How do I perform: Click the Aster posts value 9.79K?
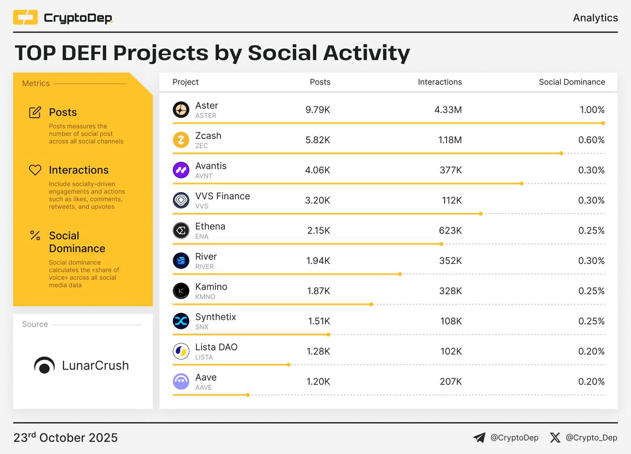tap(317, 110)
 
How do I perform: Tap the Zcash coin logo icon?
tap(181, 140)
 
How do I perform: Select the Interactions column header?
tap(440, 82)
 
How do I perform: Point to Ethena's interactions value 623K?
tap(451, 230)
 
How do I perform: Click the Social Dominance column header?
tap(572, 82)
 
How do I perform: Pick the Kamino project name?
tap(211, 287)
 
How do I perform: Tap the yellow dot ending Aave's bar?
tap(247, 395)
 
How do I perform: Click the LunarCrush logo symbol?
tap(44, 365)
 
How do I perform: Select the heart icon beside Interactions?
tap(35, 170)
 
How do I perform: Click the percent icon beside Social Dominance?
tap(35, 235)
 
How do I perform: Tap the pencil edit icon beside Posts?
tap(35, 112)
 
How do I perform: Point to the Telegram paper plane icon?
tap(479, 438)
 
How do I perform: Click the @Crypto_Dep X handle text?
tap(591, 438)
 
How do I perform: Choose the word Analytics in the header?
tap(595, 18)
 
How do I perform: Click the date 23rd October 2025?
tap(66, 438)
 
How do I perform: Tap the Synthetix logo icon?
tap(181, 321)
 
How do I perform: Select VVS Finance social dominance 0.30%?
tap(592, 200)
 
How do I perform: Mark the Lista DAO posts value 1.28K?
tap(318, 351)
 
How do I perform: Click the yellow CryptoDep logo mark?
tap(25, 18)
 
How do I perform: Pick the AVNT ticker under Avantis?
tap(205, 176)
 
